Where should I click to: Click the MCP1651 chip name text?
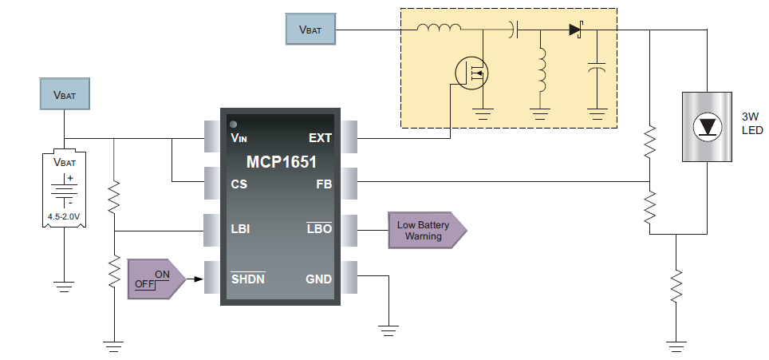coord(281,162)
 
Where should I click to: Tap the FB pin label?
coord(323,184)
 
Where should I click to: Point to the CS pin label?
coord(239,184)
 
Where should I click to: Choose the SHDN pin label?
coord(247,279)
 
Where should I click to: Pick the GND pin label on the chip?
coord(318,279)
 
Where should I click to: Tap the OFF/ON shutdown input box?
coord(156,279)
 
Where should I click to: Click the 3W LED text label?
coord(753,123)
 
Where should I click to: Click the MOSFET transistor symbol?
coord(471,73)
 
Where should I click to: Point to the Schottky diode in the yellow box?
coord(577,30)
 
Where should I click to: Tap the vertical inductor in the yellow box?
coord(541,69)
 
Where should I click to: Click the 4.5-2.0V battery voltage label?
coord(63,215)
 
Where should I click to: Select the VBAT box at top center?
coord(311,30)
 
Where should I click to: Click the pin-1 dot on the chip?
coord(234,125)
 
